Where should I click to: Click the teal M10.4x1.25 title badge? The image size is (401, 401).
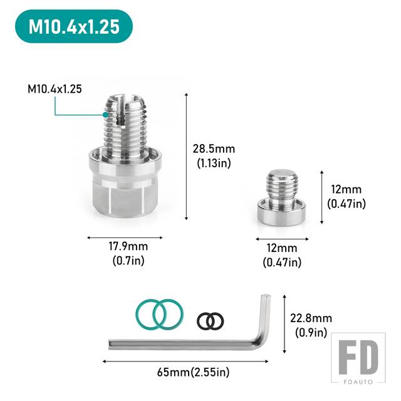click(x=74, y=26)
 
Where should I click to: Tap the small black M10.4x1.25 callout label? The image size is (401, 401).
click(x=55, y=89)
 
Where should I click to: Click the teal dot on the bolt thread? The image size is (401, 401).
click(x=106, y=115)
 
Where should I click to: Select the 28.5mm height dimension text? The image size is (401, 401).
click(x=214, y=149)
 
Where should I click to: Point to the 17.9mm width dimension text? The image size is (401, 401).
click(x=128, y=246)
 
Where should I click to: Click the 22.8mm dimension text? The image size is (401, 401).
click(x=311, y=318)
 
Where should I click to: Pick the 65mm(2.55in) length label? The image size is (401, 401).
click(x=194, y=372)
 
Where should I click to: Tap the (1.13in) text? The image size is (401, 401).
click(x=214, y=163)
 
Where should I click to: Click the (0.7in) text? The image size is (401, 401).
click(x=128, y=261)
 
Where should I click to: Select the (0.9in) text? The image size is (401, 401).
click(x=311, y=333)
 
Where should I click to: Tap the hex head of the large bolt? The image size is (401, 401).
click(x=125, y=198)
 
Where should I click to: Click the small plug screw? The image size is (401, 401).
click(x=282, y=198)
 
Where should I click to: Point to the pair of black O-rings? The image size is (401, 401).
click(x=211, y=321)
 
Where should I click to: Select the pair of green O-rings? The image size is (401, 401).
click(x=159, y=315)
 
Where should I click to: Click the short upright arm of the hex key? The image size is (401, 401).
click(x=265, y=317)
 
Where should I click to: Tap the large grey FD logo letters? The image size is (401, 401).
click(x=358, y=358)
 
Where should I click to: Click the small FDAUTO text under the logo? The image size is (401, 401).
click(x=358, y=382)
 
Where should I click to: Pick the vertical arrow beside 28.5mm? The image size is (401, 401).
click(x=187, y=157)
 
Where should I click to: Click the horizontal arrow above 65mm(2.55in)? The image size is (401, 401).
click(x=185, y=362)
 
